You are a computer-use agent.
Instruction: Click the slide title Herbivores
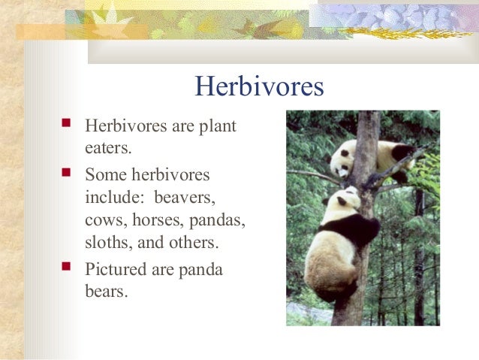(259, 86)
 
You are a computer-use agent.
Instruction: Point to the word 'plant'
(218, 125)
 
